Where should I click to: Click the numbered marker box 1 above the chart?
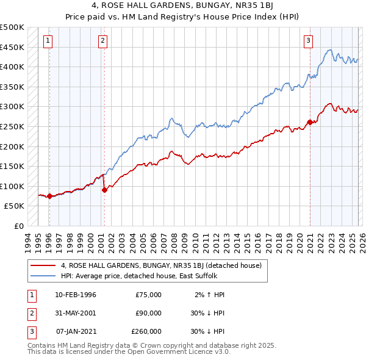click(48, 41)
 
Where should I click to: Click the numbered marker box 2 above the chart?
click(103, 41)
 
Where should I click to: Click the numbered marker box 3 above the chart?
click(309, 41)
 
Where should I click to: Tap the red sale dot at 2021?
click(310, 122)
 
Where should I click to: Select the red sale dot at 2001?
click(104, 190)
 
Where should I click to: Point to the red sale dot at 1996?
click(49, 196)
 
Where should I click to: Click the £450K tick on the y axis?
click(12, 47)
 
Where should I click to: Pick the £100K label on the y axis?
click(12, 186)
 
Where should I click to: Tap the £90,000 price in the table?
click(148, 313)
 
